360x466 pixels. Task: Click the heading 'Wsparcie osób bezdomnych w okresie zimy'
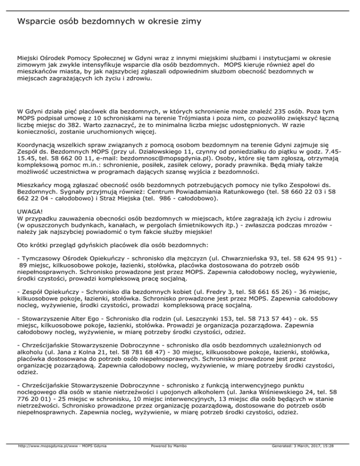109,22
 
